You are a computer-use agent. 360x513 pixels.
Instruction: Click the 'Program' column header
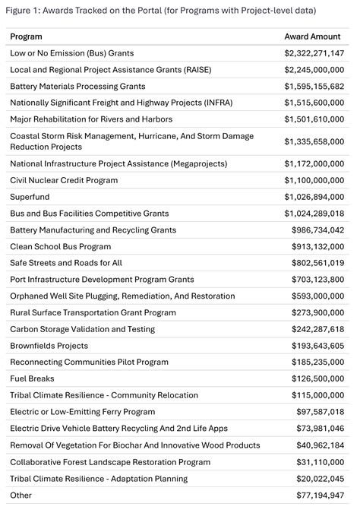26,36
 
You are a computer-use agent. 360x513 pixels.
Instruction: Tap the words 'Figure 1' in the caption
23,10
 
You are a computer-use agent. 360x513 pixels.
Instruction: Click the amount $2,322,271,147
314,53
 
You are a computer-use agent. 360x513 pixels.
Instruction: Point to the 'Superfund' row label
30,197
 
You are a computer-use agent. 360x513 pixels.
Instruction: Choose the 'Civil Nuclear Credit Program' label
64,180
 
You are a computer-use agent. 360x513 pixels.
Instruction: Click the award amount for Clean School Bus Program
317,246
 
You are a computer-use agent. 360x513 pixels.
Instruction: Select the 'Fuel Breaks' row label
31,378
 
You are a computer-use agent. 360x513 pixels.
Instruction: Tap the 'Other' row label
21,495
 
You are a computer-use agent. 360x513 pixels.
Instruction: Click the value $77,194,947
320,495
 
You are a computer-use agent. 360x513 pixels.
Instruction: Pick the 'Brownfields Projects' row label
49,346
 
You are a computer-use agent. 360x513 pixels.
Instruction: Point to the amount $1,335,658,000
314,141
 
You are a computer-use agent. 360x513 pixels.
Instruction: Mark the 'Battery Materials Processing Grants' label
77,86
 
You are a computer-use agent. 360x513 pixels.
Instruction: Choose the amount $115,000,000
317,395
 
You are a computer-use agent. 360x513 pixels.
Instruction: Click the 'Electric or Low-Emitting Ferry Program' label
82,412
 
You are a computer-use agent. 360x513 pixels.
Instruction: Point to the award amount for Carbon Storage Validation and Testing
317,329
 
